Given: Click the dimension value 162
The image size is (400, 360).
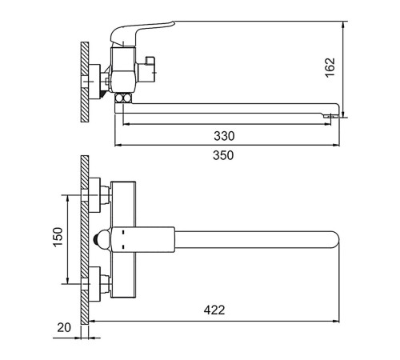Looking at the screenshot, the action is (330, 67).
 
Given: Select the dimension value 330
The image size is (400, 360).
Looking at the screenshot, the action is (224, 136).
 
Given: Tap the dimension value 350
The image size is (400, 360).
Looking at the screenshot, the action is (223, 155).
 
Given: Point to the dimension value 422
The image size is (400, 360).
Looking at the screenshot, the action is (214, 310).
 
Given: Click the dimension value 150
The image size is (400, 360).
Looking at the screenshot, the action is (58, 237).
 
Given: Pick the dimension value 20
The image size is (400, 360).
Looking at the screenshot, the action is (64, 328).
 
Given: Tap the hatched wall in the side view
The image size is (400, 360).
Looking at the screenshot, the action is (85, 82).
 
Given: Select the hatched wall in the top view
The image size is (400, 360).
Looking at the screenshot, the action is (85, 240).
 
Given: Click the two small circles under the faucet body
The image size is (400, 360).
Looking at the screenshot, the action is (123, 98).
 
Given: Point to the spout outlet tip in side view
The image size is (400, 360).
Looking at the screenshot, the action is (330, 116).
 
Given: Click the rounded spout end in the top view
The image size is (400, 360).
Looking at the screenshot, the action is (334, 239).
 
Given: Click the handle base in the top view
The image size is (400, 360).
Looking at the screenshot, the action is (142, 239).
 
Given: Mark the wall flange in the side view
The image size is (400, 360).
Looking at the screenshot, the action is (94, 82).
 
